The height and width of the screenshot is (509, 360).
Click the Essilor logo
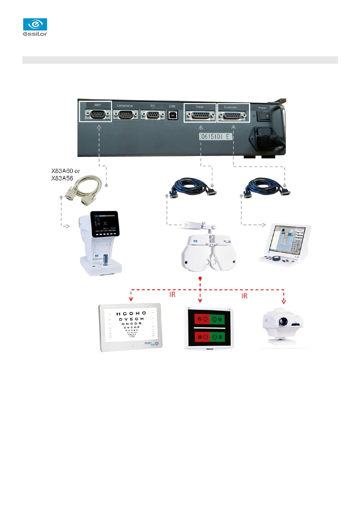click(x=35, y=27)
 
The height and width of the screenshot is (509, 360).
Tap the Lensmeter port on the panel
click(x=126, y=115)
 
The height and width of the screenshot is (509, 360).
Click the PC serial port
click(x=153, y=115)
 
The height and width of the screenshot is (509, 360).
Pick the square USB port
click(x=172, y=115)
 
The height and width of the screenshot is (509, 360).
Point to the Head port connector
click(x=200, y=116)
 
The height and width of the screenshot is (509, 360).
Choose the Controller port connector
click(x=232, y=116)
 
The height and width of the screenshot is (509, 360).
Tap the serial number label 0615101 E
click(x=215, y=137)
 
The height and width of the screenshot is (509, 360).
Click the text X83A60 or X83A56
click(x=65, y=175)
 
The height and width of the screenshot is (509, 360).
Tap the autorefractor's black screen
click(x=105, y=224)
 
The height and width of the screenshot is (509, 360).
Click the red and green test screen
click(x=209, y=328)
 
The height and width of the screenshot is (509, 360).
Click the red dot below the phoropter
click(x=200, y=278)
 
